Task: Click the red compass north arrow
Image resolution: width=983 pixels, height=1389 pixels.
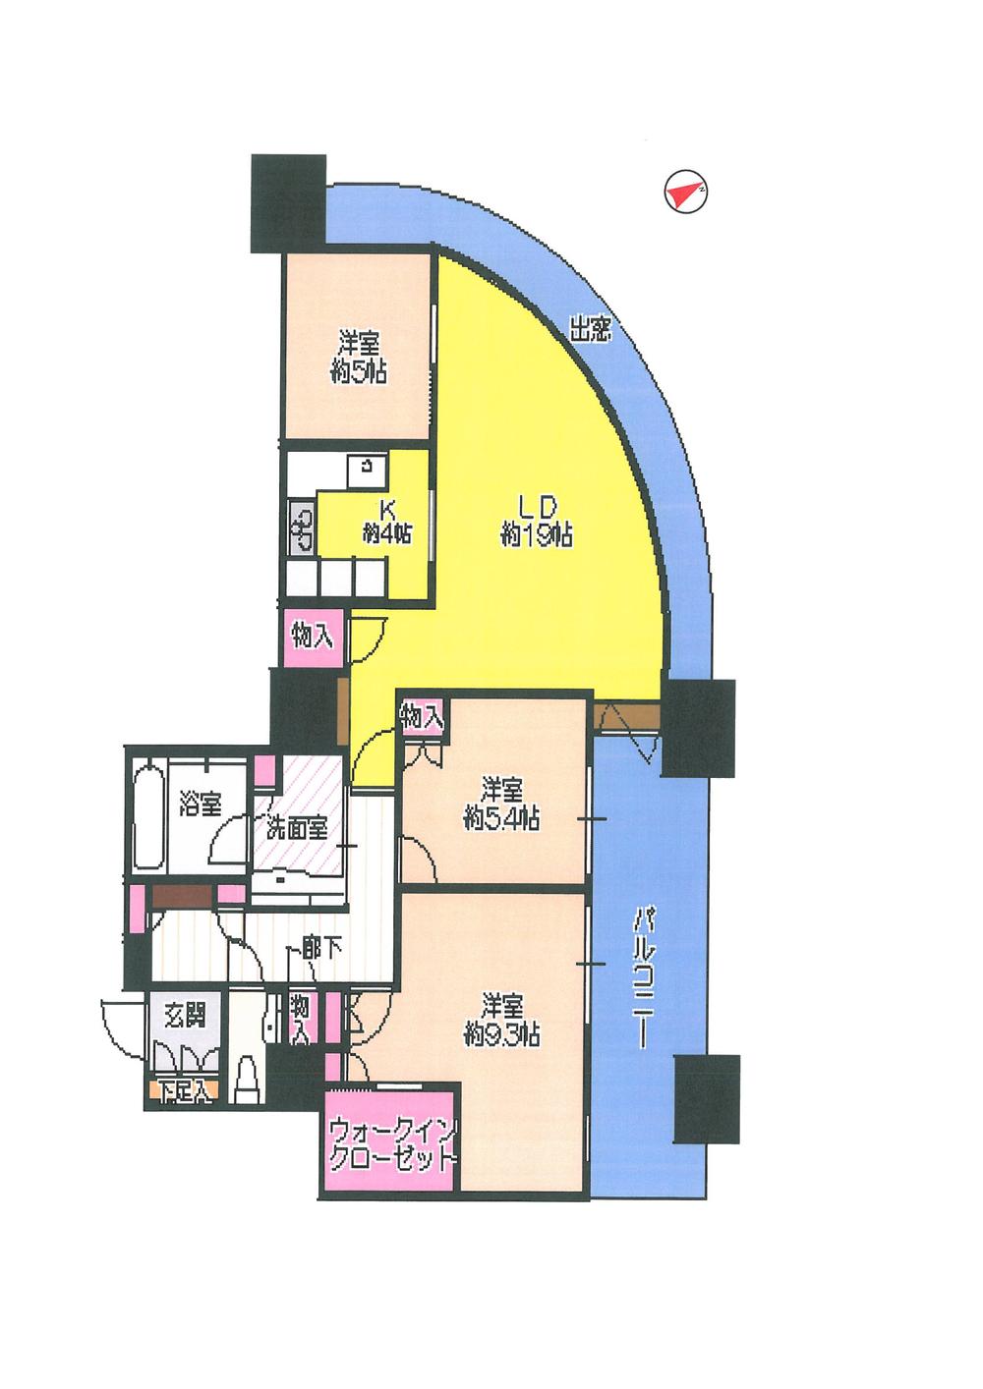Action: pos(685,194)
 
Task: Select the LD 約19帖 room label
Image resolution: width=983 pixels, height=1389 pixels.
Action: pos(537,521)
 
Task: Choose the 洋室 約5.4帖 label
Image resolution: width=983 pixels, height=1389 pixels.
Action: pos(501,803)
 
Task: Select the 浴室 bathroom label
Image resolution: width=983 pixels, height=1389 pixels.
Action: pos(200,805)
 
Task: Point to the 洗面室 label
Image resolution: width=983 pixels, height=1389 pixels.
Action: pos(296,827)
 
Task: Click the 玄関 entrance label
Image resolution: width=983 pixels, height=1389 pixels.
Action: pos(186,1014)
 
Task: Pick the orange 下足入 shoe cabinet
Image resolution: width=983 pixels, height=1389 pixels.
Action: pos(184,1090)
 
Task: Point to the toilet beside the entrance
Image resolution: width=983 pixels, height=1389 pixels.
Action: pos(247,1078)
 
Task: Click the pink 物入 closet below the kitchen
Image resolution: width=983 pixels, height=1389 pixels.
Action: pos(312,637)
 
